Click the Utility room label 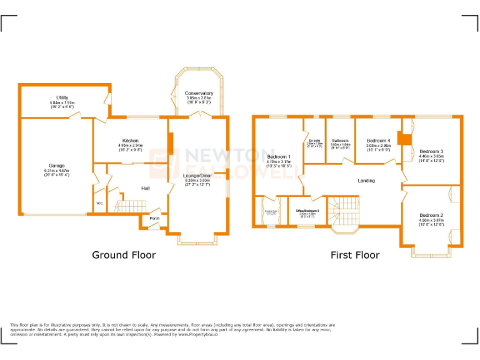click(x=62, y=97)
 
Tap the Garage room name click(x=57, y=166)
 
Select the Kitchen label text click(x=131, y=141)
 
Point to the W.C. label click(x=99, y=204)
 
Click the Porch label click(x=154, y=219)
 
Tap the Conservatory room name click(x=199, y=93)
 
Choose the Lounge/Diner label click(x=197, y=176)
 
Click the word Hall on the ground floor click(x=145, y=187)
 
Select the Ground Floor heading click(x=124, y=254)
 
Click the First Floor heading click(x=354, y=254)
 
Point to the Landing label click(x=366, y=181)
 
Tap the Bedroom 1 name click(x=279, y=156)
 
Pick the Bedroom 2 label click(x=431, y=214)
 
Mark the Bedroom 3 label click(x=431, y=151)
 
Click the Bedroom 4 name click(x=378, y=141)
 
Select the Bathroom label click(x=340, y=141)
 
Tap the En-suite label click(x=314, y=141)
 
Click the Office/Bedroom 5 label click(x=307, y=211)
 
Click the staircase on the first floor click(x=344, y=212)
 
